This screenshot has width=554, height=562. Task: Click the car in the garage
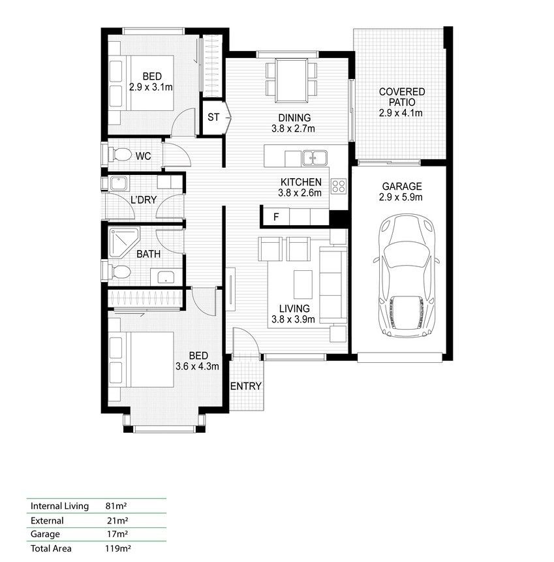tap(406, 276)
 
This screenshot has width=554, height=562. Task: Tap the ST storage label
tap(213, 117)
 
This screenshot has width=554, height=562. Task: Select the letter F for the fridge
tap(276, 217)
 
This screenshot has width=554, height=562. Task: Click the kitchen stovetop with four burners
tap(339, 186)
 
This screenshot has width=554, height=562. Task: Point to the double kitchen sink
tap(315, 158)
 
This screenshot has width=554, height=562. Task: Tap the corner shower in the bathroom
tap(123, 242)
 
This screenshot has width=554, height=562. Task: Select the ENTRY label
tap(246, 386)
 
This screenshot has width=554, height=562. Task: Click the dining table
tap(291, 80)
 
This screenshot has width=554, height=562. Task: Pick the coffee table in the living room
tap(303, 285)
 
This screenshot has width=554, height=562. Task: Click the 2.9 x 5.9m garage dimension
tap(401, 197)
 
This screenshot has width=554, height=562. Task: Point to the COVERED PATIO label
tap(402, 97)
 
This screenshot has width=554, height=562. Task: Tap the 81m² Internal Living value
tap(116, 506)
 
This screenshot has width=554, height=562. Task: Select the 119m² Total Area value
tap(117, 548)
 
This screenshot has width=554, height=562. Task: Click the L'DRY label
tap(144, 200)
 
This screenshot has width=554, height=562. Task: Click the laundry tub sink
tap(118, 183)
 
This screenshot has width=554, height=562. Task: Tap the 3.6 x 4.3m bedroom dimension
tap(198, 366)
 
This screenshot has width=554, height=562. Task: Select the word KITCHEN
tap(301, 182)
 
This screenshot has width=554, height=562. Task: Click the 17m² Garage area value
tap(117, 534)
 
